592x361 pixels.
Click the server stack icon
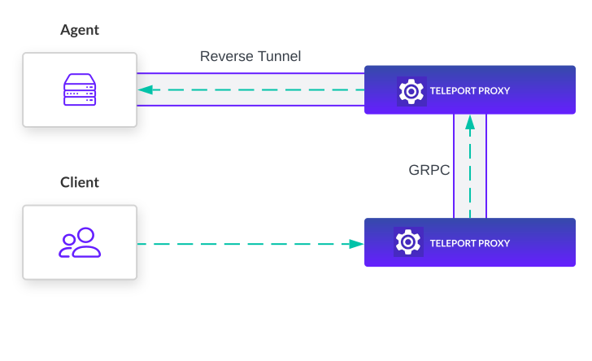pos(80,90)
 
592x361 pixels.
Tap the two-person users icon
pos(80,243)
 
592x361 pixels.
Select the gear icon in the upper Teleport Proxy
pos(411,90)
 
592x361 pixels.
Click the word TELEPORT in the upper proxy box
pos(455,91)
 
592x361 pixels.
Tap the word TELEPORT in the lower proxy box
pos(455,243)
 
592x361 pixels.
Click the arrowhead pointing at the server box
pos(144,90)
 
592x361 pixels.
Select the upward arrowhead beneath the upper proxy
pos(469,124)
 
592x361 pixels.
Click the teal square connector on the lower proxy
pos(356,244)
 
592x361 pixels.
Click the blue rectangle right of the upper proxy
pos(583,90)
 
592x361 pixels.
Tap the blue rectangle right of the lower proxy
pos(583,242)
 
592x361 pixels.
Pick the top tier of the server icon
pos(80,81)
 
